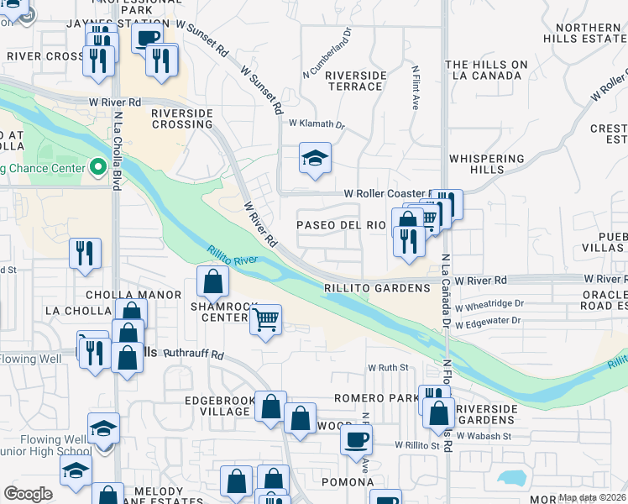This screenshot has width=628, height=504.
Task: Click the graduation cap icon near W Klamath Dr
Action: (x=315, y=158)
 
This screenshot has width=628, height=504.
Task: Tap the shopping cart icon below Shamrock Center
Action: (x=265, y=319)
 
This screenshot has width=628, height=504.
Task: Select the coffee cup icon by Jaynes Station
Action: (x=148, y=39)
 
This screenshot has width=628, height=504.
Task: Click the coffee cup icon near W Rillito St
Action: (x=357, y=438)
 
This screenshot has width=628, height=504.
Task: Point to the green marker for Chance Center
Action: (x=97, y=168)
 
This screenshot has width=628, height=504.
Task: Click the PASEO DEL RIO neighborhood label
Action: (x=341, y=225)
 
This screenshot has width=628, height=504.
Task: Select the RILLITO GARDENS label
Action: (x=377, y=287)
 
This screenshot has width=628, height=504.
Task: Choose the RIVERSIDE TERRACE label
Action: (x=355, y=81)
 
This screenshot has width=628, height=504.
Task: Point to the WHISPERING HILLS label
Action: (x=486, y=164)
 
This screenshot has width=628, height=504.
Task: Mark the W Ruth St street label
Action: (x=387, y=368)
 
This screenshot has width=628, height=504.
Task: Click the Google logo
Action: (x=29, y=494)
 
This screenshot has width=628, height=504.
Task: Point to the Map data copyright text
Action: (x=592, y=497)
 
